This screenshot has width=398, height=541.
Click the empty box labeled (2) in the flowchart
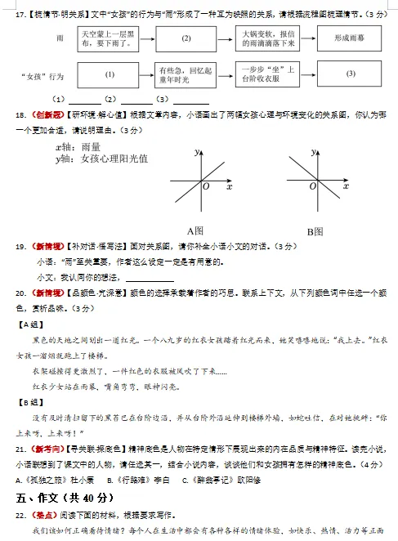[x=186, y=38]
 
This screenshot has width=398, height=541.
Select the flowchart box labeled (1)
[x=110, y=74]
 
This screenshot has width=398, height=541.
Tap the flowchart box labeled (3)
[x=351, y=74]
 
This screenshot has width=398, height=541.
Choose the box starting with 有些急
[x=186, y=74]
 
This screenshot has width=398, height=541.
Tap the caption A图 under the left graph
[x=195, y=230]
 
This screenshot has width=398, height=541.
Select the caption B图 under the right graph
[x=315, y=230]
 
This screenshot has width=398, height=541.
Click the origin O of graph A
[x=206, y=187]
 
